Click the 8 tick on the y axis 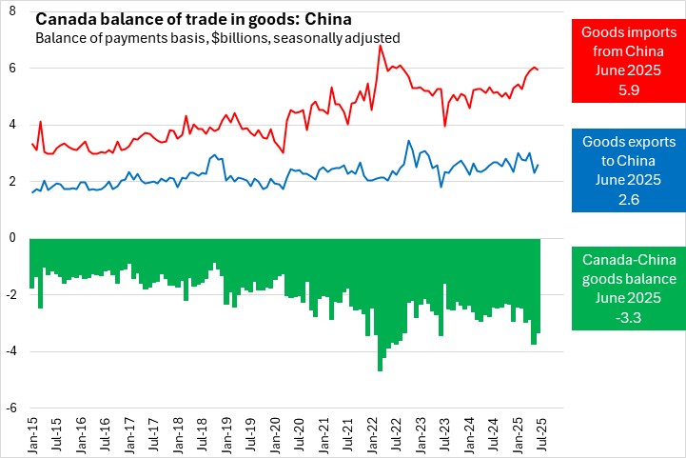[x=13, y=11]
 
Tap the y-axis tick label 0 [x=13, y=238]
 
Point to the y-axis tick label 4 [x=13, y=125]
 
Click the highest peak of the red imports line [x=381, y=45]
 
